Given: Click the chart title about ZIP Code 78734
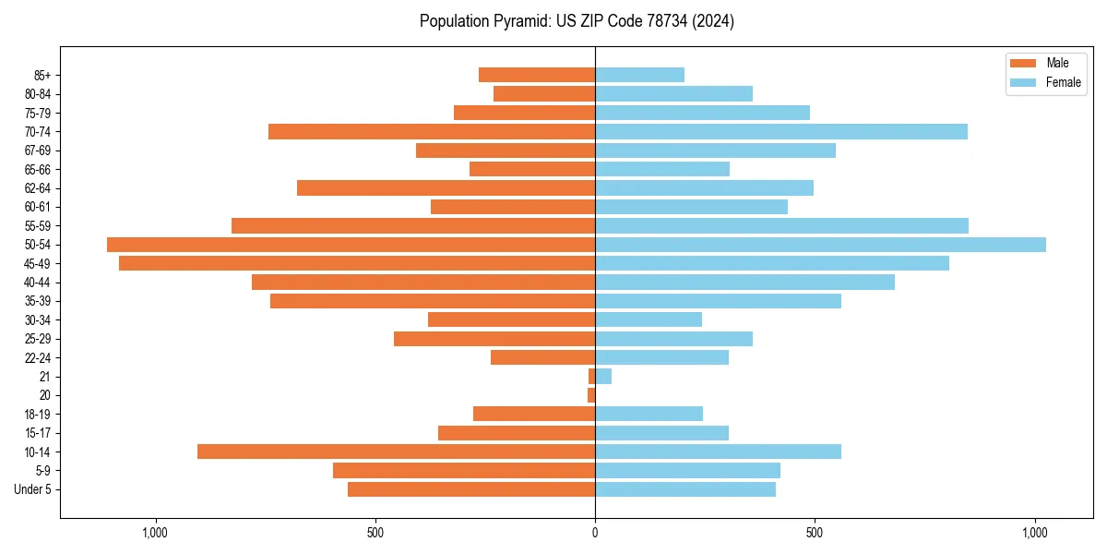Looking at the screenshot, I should click(577, 21).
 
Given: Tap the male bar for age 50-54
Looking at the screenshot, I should click(351, 245).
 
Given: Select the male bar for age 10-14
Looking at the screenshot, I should click(396, 452).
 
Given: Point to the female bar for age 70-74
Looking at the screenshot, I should click(781, 131).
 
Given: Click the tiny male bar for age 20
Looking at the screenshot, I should click(591, 395).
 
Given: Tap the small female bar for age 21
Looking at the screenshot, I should click(603, 376).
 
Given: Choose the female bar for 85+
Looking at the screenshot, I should click(639, 75).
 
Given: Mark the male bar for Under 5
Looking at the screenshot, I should click(471, 489).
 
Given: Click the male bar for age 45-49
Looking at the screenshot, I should click(357, 263).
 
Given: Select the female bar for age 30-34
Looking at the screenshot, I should click(649, 319).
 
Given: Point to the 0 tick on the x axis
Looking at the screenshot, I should click(595, 533).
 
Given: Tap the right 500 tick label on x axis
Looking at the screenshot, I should click(815, 533).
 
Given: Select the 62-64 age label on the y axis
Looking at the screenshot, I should click(38, 188).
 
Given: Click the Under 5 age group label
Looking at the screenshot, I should click(32, 489).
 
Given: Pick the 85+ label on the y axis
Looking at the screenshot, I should click(42, 75).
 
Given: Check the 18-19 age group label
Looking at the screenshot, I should click(38, 414).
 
